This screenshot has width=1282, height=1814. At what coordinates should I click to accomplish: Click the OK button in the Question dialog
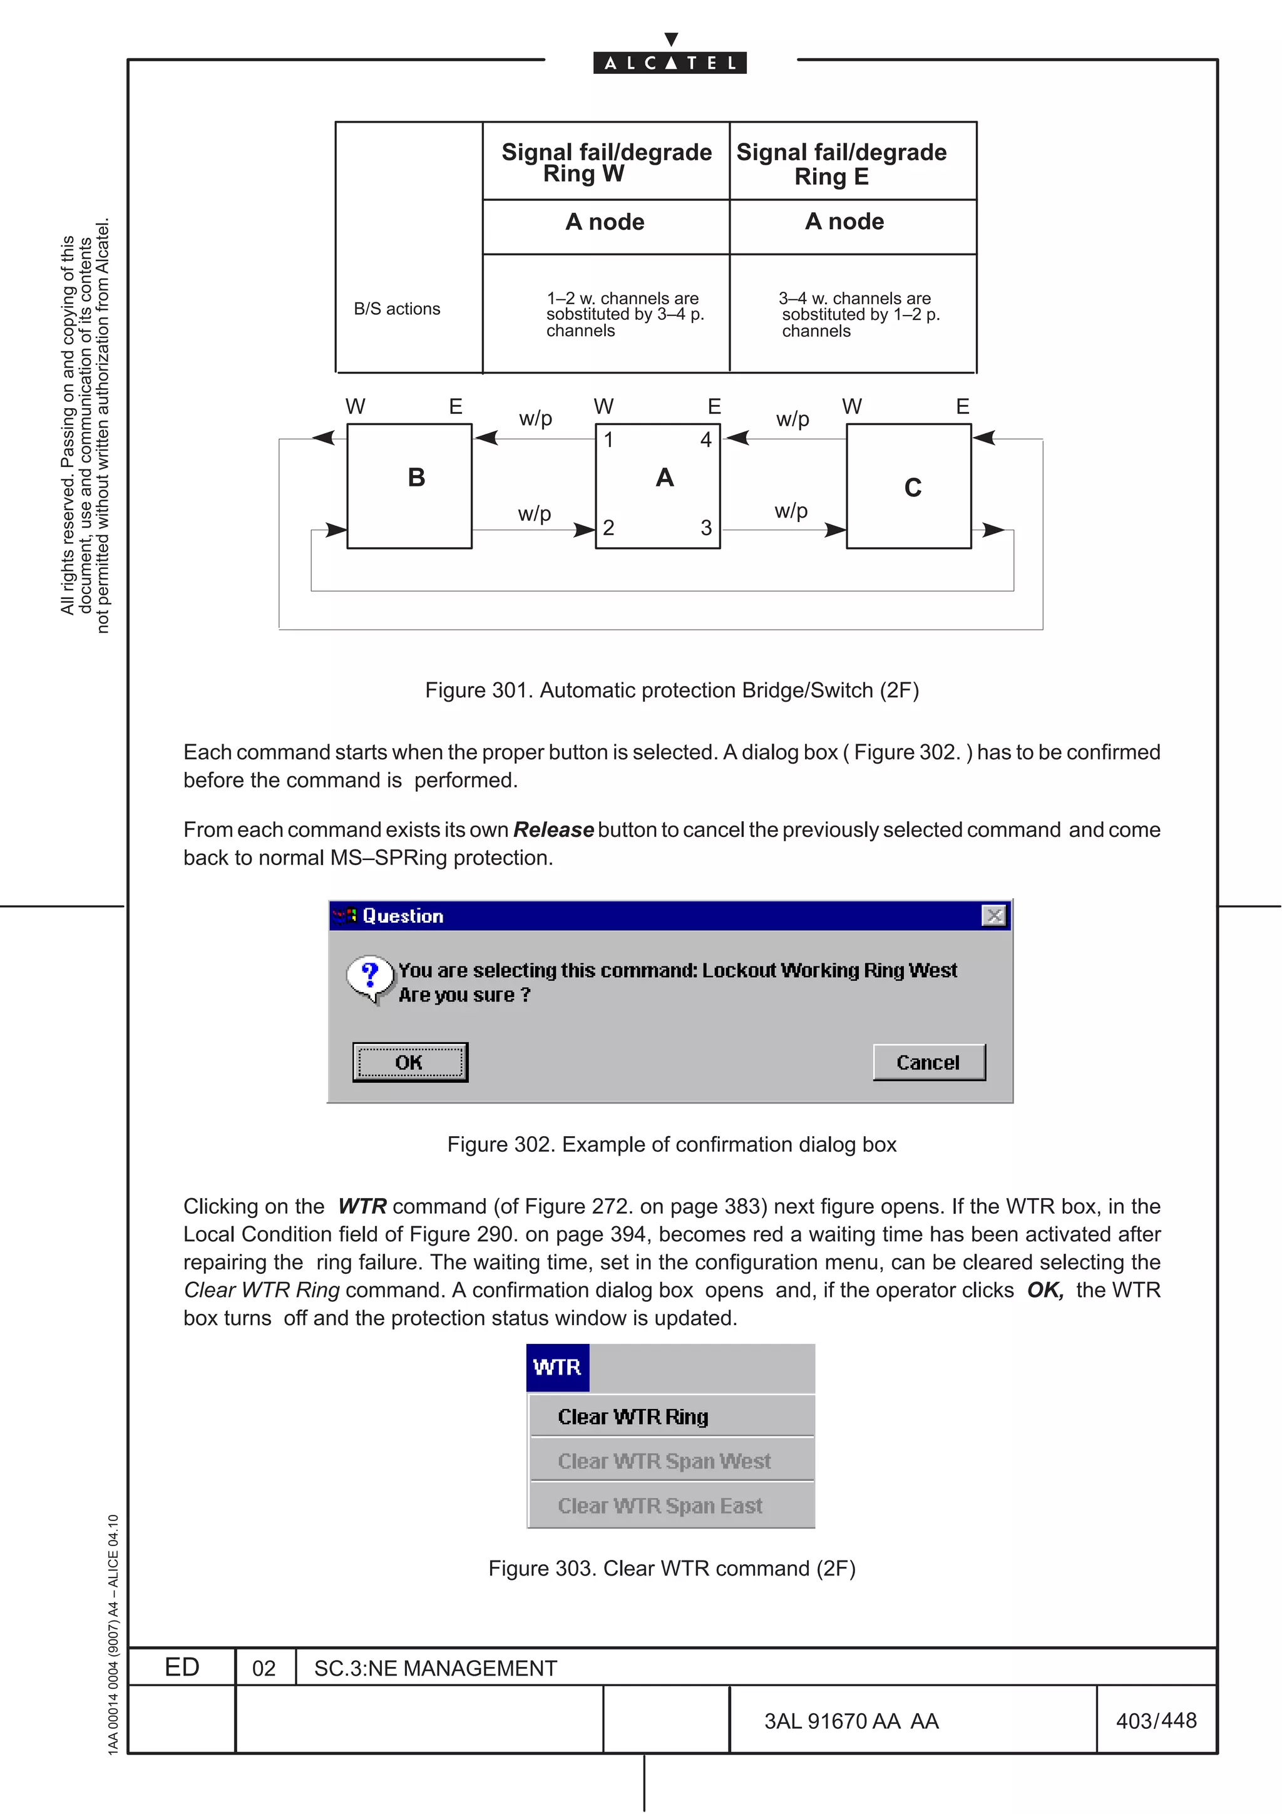(410, 1062)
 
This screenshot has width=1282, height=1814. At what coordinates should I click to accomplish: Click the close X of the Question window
(993, 916)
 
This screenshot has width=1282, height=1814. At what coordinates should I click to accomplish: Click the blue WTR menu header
(557, 1368)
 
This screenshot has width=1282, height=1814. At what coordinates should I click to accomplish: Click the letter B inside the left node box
(416, 478)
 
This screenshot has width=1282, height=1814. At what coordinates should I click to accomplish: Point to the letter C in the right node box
(912, 488)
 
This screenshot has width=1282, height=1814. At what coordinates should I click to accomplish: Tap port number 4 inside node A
(706, 440)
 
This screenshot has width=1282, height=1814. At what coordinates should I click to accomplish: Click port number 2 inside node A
(608, 528)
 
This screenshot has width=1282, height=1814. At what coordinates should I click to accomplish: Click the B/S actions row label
(397, 309)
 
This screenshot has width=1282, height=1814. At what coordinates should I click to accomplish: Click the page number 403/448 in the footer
(1156, 1720)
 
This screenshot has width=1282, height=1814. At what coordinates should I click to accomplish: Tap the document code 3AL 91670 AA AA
(851, 1721)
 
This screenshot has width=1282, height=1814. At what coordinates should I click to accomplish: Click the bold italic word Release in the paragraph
(553, 829)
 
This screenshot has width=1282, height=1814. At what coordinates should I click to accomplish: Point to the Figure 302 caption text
(672, 1144)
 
